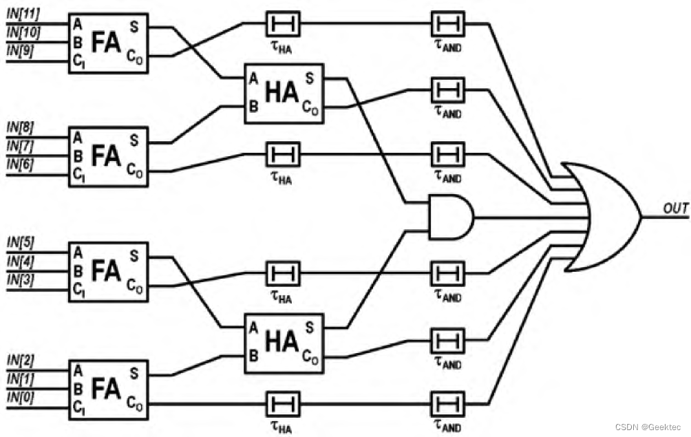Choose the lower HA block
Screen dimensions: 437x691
[283, 343]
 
